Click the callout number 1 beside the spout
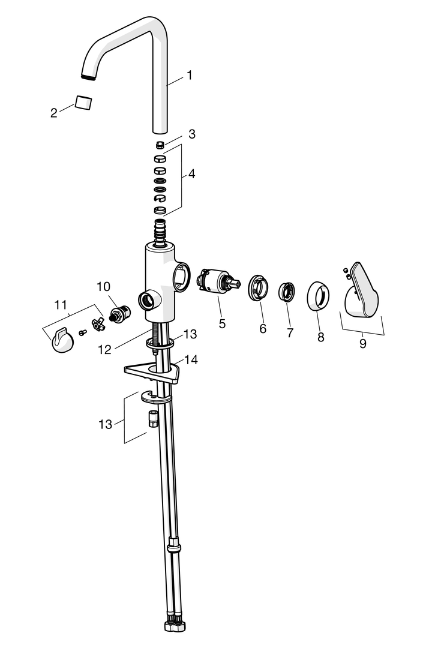tap(190, 76)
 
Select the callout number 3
tap(191, 134)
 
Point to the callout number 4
tap(191, 174)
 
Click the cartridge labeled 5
tap(214, 282)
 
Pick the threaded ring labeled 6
tap(259, 287)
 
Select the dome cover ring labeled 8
tap(319, 295)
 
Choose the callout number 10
tap(104, 286)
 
